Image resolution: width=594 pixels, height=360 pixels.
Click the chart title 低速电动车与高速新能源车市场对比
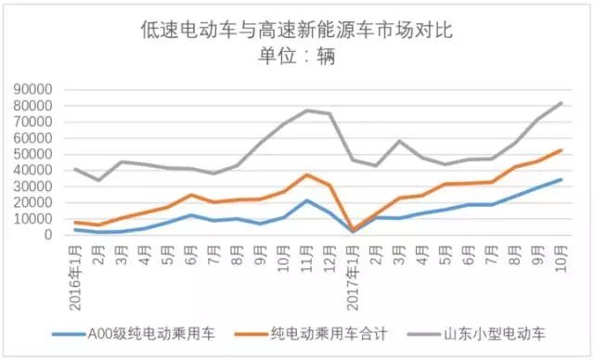[x=296, y=32]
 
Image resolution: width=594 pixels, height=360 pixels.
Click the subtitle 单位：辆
[x=296, y=57]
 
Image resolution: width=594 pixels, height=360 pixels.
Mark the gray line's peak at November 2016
[x=306, y=110]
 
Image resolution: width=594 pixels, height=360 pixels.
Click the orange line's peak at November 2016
[x=306, y=174]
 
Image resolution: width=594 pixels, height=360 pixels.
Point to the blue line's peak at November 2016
[x=306, y=200]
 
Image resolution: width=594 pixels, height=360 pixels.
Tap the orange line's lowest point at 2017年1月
[x=353, y=229]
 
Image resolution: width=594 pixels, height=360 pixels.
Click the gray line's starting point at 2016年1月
[x=74, y=169]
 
